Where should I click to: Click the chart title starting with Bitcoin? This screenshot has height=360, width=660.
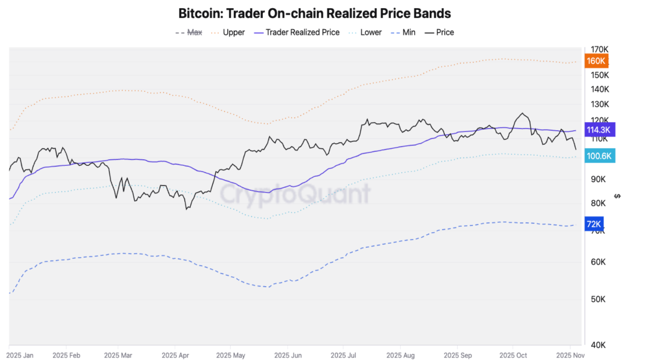(315, 13)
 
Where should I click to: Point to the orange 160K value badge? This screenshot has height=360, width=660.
(596, 61)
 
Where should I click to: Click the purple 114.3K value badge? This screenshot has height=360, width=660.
(598, 130)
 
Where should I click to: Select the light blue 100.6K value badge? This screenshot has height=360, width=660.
(598, 155)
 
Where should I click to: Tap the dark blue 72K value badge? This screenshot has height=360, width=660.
(594, 224)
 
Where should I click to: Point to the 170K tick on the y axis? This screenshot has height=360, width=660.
(599, 49)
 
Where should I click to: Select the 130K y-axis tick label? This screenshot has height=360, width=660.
(599, 104)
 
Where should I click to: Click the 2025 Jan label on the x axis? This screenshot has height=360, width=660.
(21, 355)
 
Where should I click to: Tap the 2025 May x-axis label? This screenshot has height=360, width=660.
(231, 355)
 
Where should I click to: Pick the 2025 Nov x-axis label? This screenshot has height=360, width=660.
(570, 355)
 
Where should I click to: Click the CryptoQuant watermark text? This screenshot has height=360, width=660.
(295, 194)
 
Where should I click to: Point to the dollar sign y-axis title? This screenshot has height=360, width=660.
(618, 196)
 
